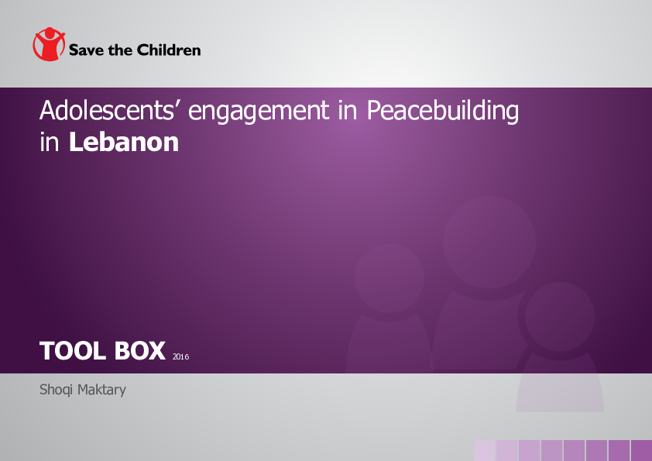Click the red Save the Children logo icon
(49, 45)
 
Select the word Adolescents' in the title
(110, 112)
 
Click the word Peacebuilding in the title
(442, 112)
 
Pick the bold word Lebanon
(124, 143)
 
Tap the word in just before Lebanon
(50, 143)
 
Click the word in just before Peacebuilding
(348, 112)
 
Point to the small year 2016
(181, 356)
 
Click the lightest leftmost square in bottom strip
(485, 450)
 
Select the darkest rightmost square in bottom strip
(641, 450)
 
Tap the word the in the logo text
(120, 50)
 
